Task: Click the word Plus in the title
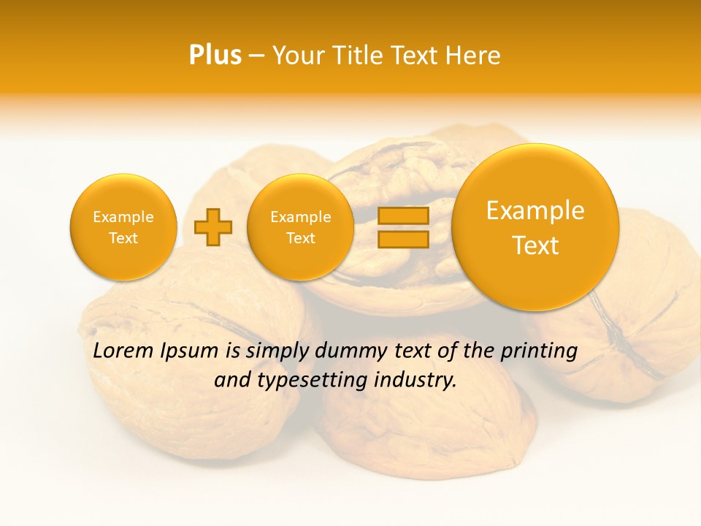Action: click(215, 56)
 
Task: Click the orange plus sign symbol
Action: click(212, 227)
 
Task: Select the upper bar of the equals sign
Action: click(402, 216)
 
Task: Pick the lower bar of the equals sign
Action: click(402, 239)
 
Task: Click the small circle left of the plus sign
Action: click(123, 227)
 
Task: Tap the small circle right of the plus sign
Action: click(300, 227)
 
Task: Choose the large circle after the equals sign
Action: click(535, 227)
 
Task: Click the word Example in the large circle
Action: click(535, 210)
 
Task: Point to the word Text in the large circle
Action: click(535, 245)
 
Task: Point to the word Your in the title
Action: click(298, 56)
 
